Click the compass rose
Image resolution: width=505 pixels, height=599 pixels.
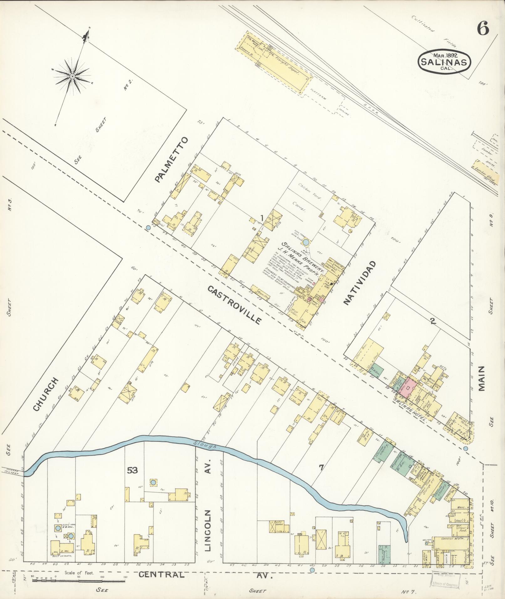pos(72,76)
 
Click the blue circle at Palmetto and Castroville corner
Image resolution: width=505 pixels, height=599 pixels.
pos(148,228)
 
